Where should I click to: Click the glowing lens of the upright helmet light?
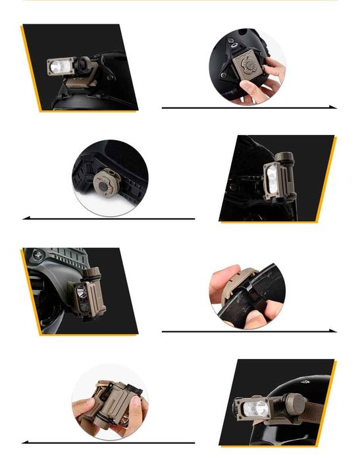270,174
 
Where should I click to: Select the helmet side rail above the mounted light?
63,257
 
